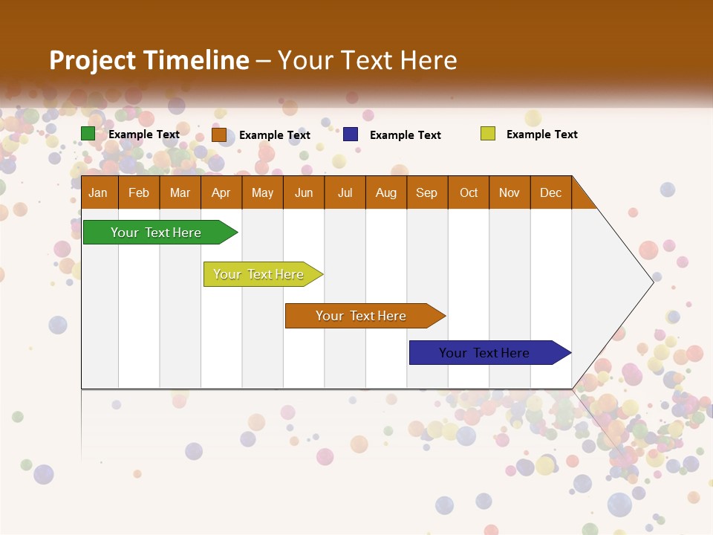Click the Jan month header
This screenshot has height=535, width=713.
[98, 192]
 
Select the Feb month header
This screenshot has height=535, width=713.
[139, 192]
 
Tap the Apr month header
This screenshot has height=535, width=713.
[221, 192]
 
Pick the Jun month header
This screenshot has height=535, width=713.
[304, 192]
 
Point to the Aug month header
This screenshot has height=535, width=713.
[385, 192]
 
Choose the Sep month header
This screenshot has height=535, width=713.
[426, 192]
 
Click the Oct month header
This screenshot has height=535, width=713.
[469, 192]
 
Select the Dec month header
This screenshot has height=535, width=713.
[550, 192]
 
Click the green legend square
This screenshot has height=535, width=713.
[88, 134]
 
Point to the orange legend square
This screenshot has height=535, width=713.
[219, 134]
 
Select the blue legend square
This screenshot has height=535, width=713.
[351, 134]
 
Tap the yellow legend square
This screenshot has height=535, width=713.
[488, 134]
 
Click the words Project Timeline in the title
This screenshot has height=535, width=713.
[149, 60]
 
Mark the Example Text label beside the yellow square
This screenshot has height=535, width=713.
[541, 134]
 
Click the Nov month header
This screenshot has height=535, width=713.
[509, 192]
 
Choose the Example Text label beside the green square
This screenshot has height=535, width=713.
[144, 134]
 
